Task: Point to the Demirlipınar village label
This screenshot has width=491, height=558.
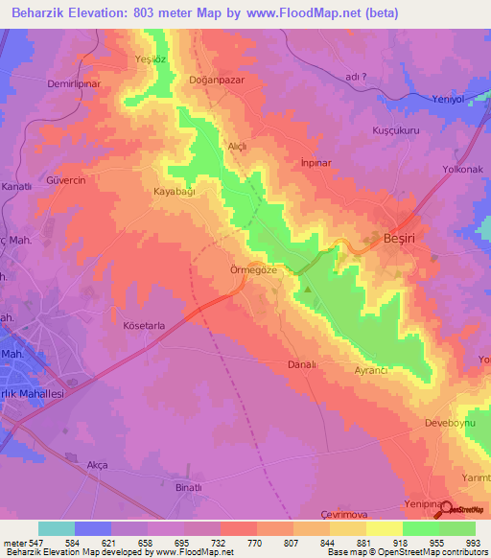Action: coord(74,83)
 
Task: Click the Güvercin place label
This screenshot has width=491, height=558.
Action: coord(66,180)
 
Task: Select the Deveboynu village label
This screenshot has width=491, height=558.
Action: coord(450,423)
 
